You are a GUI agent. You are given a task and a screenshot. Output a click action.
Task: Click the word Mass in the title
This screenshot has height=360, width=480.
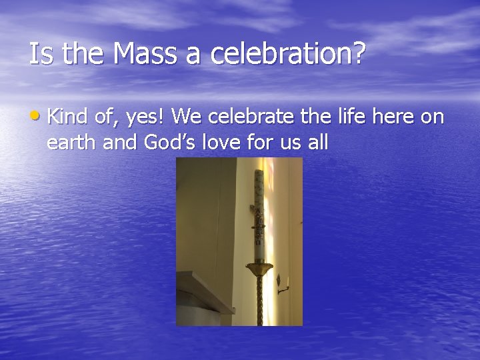click(x=147, y=54)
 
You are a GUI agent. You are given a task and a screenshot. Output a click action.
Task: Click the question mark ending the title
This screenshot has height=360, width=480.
click(x=359, y=54)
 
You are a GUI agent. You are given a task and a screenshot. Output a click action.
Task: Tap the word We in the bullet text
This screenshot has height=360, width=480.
click(x=186, y=117)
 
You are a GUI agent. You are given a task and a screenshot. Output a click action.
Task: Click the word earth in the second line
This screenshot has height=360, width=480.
click(x=71, y=141)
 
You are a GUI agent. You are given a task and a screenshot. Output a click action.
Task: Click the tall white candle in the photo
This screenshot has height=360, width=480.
click(x=259, y=213)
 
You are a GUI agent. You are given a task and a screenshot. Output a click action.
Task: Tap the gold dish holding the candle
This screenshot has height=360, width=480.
click(x=259, y=268)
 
